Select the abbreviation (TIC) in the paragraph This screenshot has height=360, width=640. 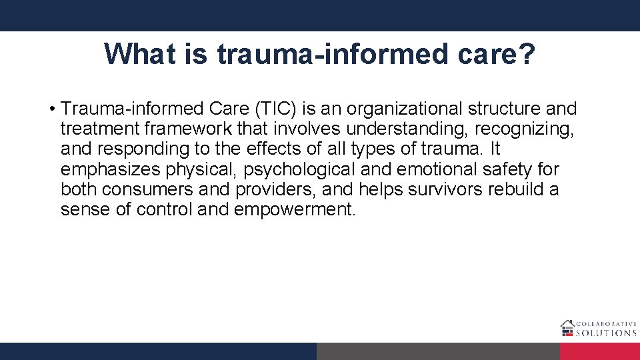coord(268,109)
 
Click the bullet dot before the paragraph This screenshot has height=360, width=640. coord(51,109)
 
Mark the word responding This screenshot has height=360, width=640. coord(149,149)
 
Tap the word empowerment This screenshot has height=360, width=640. coord(295,209)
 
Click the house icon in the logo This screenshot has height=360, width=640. coord(568,327)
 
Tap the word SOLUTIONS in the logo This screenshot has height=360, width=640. coord(607,332)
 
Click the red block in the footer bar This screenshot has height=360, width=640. coord(599,351)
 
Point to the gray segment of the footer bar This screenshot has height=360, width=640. coord(438,351)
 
